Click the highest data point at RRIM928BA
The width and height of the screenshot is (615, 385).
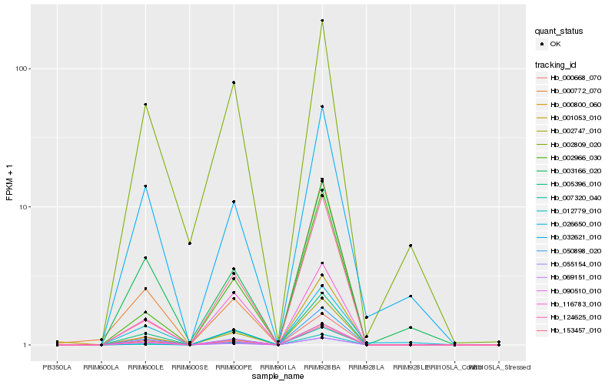322,21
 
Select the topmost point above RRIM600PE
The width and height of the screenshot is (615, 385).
233,82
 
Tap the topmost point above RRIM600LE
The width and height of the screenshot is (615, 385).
145,105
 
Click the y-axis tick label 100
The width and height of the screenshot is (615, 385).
22,69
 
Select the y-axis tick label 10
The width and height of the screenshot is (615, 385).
25,207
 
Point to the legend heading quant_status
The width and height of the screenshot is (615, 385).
560,31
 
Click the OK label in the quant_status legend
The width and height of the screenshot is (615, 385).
556,44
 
